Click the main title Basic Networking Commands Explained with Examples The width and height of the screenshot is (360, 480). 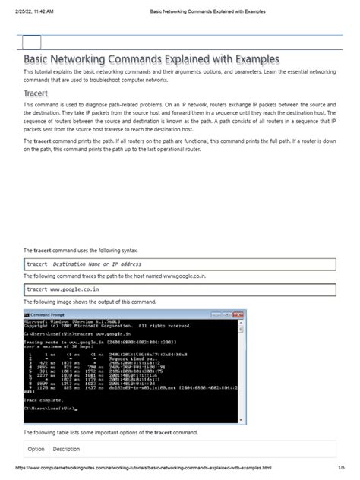click(152, 58)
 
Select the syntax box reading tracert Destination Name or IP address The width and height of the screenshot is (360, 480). click(179, 264)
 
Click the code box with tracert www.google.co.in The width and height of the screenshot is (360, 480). click(179, 289)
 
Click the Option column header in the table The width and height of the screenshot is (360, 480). click(36, 448)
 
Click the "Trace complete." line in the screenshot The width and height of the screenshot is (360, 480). click(42, 400)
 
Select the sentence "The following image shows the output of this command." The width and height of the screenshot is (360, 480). click(90, 302)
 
